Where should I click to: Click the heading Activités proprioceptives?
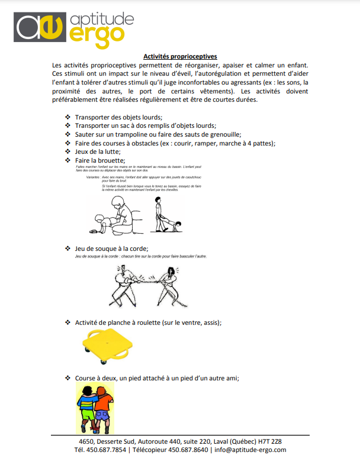(180, 56)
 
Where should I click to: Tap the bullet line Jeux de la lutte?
(98, 152)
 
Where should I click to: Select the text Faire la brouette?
(100, 161)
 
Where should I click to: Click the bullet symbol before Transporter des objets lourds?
(67, 117)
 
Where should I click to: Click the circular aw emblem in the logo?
(39, 27)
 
